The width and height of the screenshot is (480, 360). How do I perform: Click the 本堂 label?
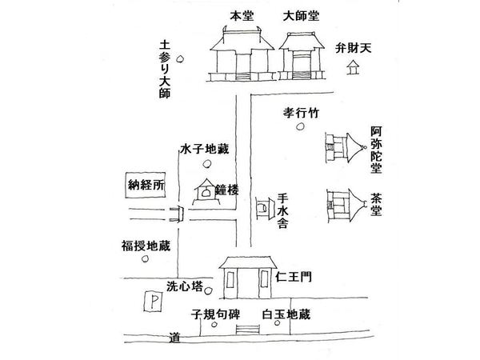(x=241, y=15)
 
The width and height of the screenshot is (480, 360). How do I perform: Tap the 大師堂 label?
(x=301, y=15)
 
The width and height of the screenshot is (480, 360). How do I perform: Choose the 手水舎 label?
(x=282, y=210)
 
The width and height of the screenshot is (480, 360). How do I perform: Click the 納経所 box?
(x=146, y=185)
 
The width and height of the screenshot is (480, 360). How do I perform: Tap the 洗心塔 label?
(x=185, y=286)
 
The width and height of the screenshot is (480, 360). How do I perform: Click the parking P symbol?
(x=148, y=302)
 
